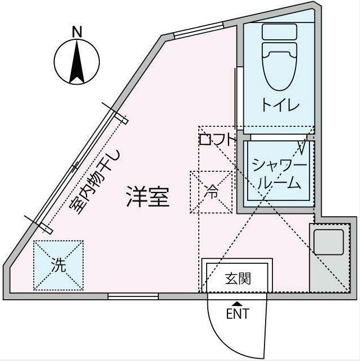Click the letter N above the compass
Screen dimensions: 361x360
click(x=77, y=32)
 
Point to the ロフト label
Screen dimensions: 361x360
click(x=217, y=140)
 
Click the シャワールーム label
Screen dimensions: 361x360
click(x=279, y=173)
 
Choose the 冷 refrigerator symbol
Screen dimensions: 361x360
click(x=211, y=192)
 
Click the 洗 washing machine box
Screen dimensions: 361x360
click(x=58, y=266)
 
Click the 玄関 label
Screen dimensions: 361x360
click(x=238, y=278)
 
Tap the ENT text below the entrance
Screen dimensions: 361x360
click(x=237, y=314)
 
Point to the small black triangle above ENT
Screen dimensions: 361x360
click(x=236, y=304)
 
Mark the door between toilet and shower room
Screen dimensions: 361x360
click(x=276, y=137)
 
